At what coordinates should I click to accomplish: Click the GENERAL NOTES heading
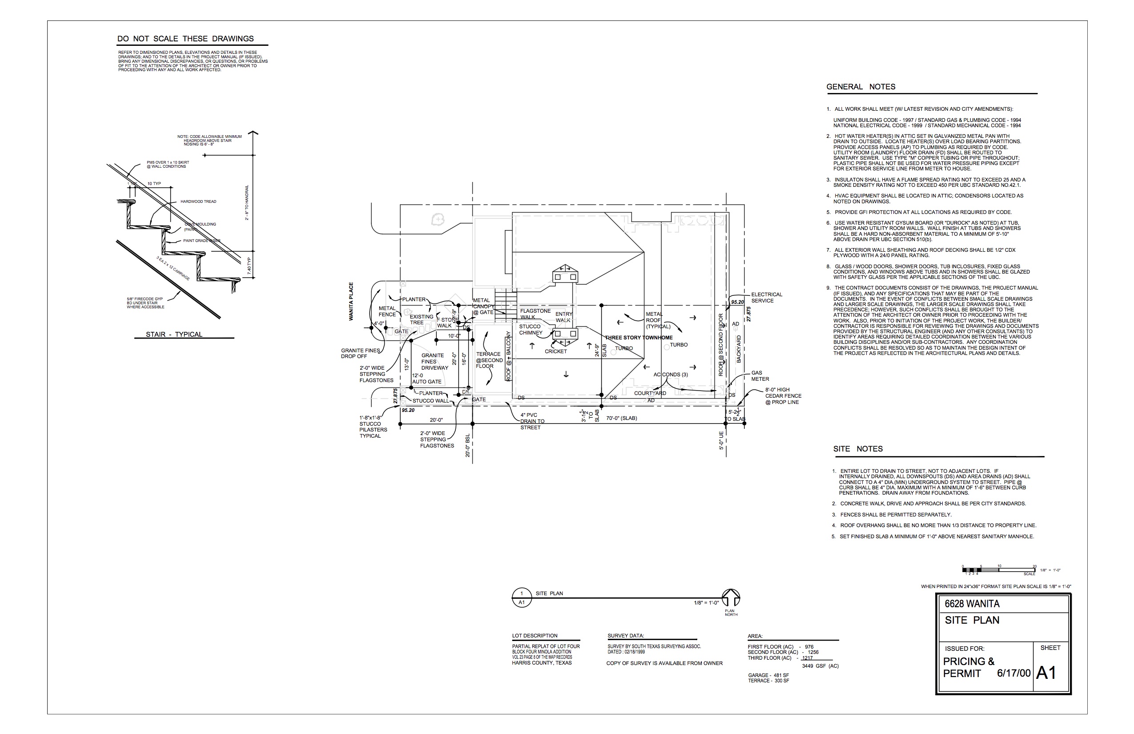[x=861, y=87]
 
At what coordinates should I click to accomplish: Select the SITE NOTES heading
[x=858, y=449]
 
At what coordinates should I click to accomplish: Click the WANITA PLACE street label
[x=351, y=301]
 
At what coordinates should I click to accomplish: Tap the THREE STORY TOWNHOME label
[x=639, y=338]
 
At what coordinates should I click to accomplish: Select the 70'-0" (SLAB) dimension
[x=621, y=419]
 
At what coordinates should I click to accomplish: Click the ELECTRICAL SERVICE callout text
[x=766, y=298]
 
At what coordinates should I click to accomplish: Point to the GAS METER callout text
[x=760, y=376]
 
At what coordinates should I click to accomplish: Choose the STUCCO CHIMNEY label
[x=530, y=329]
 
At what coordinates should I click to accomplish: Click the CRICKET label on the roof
[x=555, y=352]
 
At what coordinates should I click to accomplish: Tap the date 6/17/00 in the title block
[x=1013, y=674]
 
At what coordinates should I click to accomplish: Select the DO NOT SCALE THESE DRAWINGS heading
[x=185, y=39]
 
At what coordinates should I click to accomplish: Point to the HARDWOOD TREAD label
[x=198, y=202]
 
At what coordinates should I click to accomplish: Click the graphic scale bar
[x=998, y=569]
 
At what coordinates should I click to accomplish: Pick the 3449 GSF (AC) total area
[x=820, y=666]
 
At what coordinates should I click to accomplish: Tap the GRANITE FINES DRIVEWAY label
[x=434, y=362]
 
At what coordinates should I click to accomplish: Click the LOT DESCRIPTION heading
[x=535, y=636]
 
